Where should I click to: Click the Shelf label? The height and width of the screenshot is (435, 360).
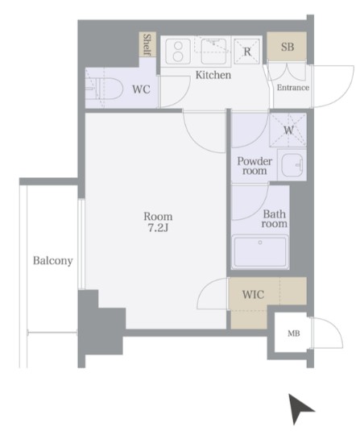(147, 44)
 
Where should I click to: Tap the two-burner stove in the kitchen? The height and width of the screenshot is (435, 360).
(178, 52)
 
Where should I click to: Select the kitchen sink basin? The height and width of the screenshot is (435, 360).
(213, 52)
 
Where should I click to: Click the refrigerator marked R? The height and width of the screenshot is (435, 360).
(247, 52)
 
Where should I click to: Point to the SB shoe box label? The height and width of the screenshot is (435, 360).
(287, 47)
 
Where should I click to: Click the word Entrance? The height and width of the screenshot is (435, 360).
(293, 88)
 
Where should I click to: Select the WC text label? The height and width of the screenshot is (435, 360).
(141, 89)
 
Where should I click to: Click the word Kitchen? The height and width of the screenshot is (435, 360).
(213, 75)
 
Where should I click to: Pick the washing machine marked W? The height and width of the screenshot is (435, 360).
(288, 130)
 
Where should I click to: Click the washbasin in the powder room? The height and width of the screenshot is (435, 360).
(292, 165)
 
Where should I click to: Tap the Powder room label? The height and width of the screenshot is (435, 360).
(254, 166)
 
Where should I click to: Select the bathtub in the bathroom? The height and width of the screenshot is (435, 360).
(260, 252)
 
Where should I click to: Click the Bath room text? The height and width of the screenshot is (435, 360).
(275, 219)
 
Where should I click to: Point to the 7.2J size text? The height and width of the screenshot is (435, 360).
(158, 228)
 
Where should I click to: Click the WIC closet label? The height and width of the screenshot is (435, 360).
(253, 294)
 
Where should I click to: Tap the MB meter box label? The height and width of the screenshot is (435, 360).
(294, 333)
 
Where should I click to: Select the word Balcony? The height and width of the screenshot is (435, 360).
(53, 261)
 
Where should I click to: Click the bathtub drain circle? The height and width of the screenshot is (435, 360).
(260, 242)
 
